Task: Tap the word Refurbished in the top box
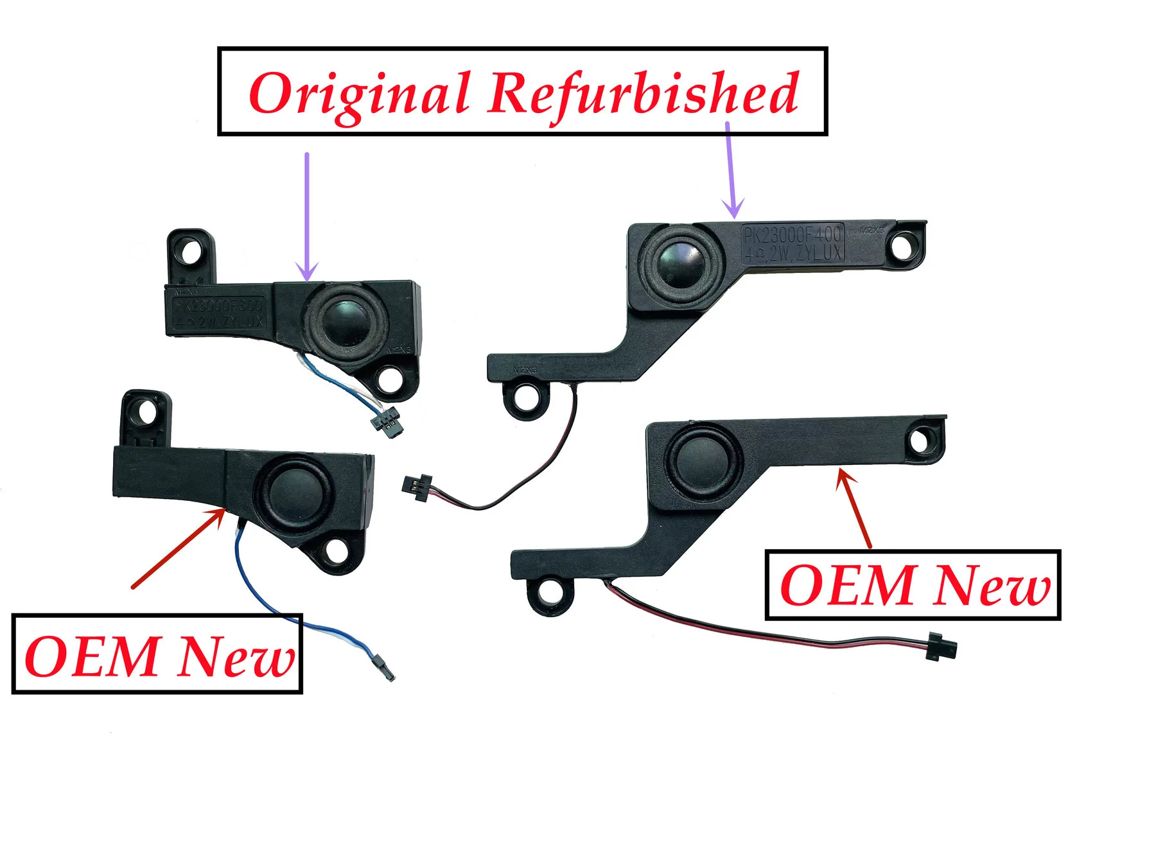[x=644, y=93]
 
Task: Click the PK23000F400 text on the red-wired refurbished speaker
[x=792, y=234]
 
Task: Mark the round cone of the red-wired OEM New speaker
[x=704, y=461]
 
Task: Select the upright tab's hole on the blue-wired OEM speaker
[x=147, y=411]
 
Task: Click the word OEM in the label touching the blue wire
[x=91, y=656]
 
